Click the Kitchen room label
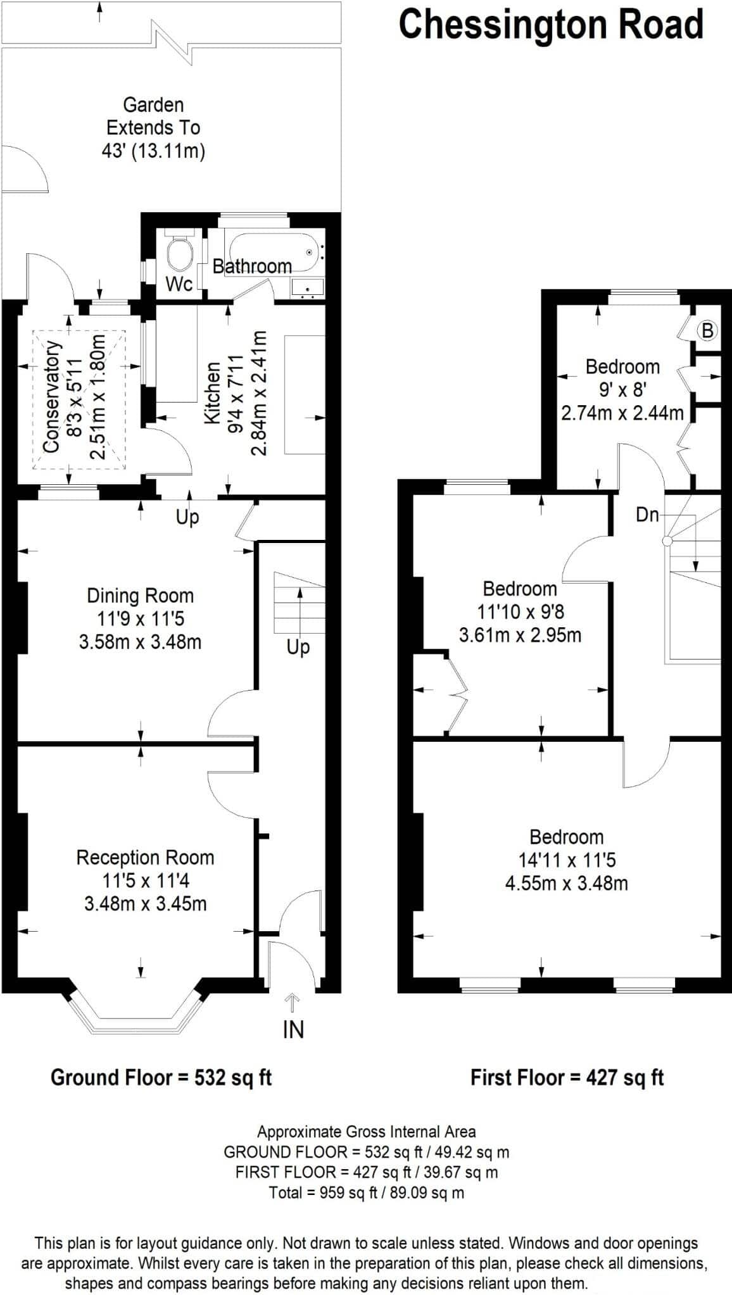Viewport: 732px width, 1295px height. click(x=213, y=393)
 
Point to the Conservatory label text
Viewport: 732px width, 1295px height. click(x=52, y=397)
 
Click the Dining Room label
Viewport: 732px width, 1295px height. click(x=140, y=596)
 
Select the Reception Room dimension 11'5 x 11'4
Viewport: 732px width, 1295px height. click(x=146, y=880)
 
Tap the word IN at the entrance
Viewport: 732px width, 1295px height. click(x=293, y=1030)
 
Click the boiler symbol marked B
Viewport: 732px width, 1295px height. click(x=707, y=330)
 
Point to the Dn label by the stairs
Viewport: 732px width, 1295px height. click(x=647, y=515)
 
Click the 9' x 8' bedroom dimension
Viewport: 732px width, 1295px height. click(x=622, y=389)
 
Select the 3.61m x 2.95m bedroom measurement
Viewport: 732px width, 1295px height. click(x=520, y=635)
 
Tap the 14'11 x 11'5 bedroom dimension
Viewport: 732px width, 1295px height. click(x=567, y=860)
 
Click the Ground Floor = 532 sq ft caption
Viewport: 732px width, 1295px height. click(x=161, y=1077)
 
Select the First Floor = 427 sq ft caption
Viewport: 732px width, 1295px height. click(x=567, y=1077)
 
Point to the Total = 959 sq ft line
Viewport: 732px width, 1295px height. click(x=367, y=1193)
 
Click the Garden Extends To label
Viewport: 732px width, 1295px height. click(x=153, y=116)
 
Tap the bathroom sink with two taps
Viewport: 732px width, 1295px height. click(x=308, y=287)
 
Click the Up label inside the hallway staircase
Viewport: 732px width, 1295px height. click(x=298, y=647)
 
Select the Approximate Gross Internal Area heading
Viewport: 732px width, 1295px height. click(x=367, y=1132)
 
